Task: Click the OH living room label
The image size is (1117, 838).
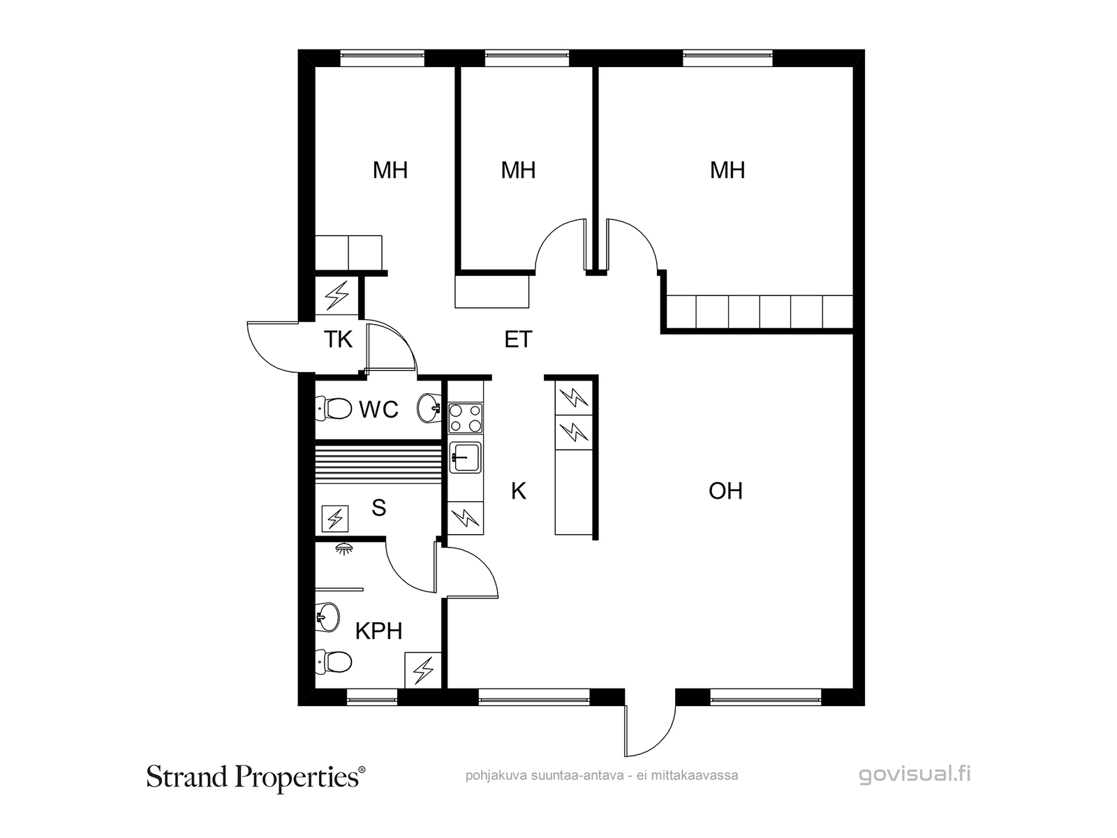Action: pos(725,491)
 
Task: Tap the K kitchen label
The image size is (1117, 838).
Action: pos(518,491)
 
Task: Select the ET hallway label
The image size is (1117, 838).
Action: pos(518,339)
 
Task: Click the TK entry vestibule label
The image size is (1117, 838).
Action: pos(338,339)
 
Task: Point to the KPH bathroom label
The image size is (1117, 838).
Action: pos(378,631)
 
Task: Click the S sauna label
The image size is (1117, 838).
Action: pos(378,507)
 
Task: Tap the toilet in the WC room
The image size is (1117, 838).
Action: pos(333,409)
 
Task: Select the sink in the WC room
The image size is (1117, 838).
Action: pos(429,408)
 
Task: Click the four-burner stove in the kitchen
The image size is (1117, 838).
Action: pos(465,418)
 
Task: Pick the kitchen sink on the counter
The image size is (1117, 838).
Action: pos(465,457)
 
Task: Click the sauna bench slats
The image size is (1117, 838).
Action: pos(378,465)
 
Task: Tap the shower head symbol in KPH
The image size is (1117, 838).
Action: pos(345,548)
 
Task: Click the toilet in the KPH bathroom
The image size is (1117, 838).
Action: pos(333,662)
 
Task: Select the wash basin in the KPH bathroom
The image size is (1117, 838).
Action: pos(327,617)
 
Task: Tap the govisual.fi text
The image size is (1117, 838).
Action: pos(915,774)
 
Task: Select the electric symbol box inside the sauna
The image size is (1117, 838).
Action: pos(335,518)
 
